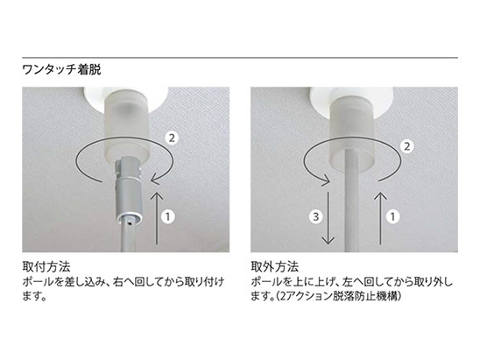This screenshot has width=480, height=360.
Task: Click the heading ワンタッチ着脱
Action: [61, 70]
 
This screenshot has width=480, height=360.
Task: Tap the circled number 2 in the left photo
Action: [172, 138]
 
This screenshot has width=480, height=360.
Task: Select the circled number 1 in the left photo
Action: [168, 216]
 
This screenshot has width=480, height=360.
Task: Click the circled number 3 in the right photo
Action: [315, 216]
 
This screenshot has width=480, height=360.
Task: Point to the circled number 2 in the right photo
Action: [406, 146]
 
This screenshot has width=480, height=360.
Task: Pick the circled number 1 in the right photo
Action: [392, 216]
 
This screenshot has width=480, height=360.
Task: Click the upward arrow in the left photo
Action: [158, 218]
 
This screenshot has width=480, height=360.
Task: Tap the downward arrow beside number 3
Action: [328, 218]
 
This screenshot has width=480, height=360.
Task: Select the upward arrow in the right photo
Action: [380, 218]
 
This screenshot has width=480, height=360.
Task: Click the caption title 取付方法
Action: [46, 266]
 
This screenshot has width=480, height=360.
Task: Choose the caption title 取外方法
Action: [274, 266]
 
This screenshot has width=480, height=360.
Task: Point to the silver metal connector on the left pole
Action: [128, 190]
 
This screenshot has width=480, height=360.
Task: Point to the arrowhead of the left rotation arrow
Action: [157, 179]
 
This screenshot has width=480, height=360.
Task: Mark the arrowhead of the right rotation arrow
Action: [324, 179]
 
